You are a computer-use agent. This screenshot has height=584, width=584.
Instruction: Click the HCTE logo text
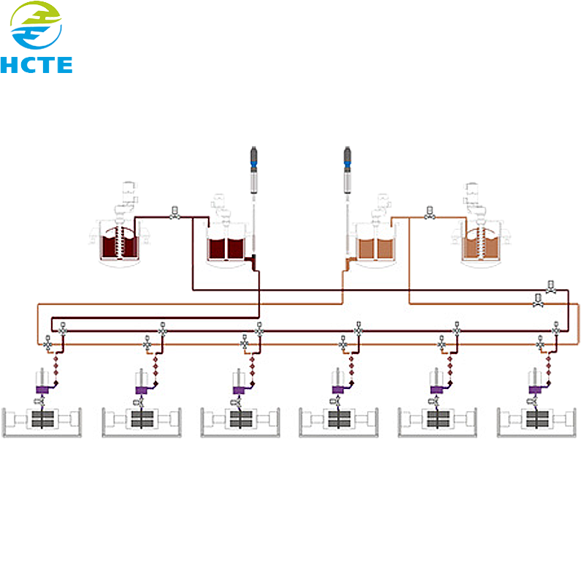[36, 65]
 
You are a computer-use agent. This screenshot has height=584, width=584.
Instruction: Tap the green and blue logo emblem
[36, 26]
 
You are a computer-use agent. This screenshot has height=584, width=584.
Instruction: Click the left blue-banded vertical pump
[253, 170]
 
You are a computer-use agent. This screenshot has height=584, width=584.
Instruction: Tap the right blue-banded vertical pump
[347, 170]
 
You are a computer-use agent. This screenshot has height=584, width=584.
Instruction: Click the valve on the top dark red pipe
[174, 213]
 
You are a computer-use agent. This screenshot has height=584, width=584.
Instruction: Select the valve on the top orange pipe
[430, 213]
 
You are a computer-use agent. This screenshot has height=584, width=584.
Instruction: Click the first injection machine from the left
[42, 422]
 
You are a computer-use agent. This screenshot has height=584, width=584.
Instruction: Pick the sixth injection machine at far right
[537, 422]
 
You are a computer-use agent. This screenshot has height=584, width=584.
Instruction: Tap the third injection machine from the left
[240, 422]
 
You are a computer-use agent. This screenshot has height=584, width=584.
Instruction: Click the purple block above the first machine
[42, 390]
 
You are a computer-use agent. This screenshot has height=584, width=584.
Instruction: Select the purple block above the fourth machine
[338, 390]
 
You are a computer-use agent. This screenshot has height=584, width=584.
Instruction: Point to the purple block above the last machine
[536, 390]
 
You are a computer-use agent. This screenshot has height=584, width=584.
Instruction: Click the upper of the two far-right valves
[551, 287]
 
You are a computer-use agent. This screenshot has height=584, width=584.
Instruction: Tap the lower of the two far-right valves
[538, 301]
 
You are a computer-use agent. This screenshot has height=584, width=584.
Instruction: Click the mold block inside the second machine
[142, 419]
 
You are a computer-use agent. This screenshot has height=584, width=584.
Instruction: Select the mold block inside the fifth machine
[438, 419]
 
